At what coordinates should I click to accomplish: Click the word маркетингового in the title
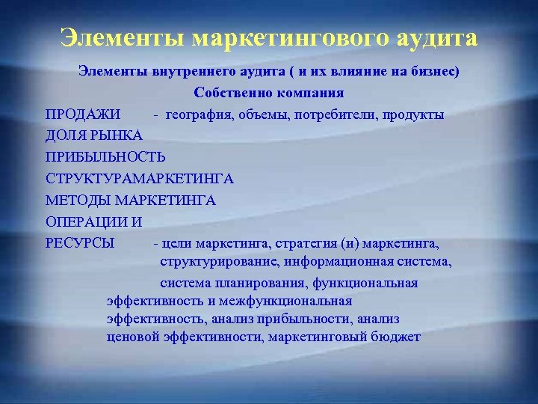[x=283, y=37]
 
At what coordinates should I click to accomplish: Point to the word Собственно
[x=229, y=94]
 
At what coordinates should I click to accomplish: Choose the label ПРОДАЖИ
[x=82, y=115]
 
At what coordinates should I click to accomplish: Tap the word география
[x=198, y=115]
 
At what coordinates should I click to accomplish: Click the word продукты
[x=413, y=115]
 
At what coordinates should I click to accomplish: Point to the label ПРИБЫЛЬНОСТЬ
[x=105, y=158]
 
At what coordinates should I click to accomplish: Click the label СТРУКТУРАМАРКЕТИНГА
[x=140, y=179]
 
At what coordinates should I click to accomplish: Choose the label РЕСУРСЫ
[x=80, y=243]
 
